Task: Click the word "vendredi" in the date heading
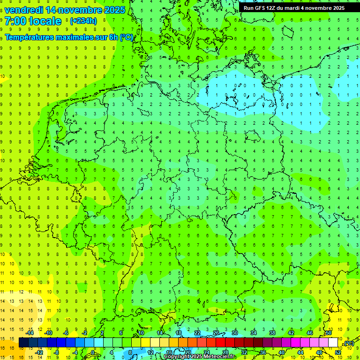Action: tap(24, 10)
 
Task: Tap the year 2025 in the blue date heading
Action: tap(114, 10)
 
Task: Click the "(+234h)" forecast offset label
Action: tap(83, 21)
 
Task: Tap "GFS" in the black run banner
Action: tap(259, 8)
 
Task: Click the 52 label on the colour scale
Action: tap(338, 352)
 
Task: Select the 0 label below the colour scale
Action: tap(93, 352)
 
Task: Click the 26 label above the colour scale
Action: tap(216, 333)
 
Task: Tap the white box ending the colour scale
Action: tap(333, 343)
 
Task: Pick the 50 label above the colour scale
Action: tap(329, 333)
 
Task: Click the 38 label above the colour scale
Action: tap(272, 333)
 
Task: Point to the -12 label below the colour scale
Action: tap(39, 352)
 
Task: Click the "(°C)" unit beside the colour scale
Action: tap(349, 343)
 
